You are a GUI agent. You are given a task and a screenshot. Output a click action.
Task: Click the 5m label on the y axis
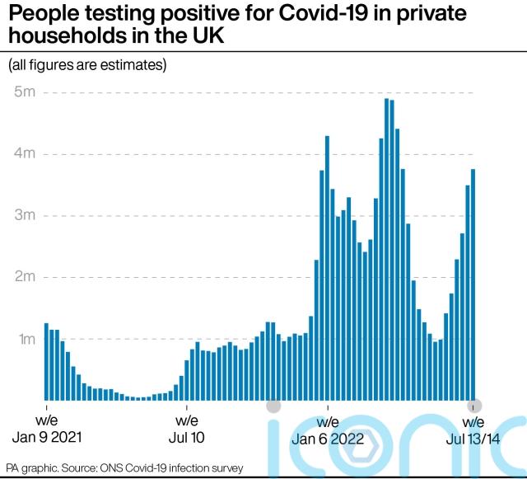tap(23, 92)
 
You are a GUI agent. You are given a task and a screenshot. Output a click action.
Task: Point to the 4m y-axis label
tap(23, 153)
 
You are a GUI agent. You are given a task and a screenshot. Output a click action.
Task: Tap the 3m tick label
tap(23, 215)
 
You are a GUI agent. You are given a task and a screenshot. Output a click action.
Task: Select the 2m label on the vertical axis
tap(23, 277)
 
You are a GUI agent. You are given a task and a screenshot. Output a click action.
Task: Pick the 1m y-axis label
tap(23, 339)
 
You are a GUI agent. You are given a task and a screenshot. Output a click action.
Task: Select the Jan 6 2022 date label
tap(329, 439)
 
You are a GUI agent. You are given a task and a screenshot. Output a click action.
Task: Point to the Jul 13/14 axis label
tap(473, 439)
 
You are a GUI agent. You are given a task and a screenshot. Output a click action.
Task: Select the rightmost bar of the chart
tap(473, 284)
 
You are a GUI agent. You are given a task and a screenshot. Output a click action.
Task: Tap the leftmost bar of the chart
tap(46, 362)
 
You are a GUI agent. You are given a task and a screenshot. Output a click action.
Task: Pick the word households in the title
tap(70, 38)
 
